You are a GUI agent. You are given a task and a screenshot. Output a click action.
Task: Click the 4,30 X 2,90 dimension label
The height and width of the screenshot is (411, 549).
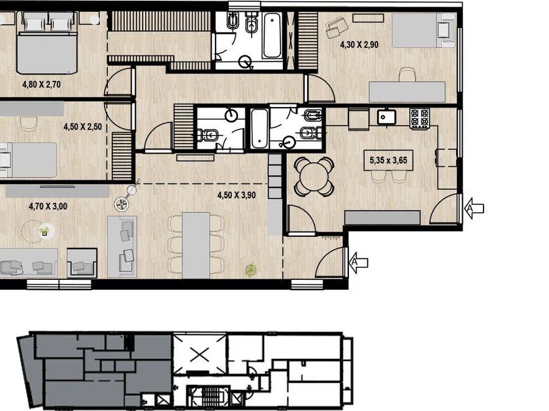359,45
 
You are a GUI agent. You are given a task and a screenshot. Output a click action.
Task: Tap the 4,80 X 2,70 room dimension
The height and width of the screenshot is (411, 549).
41,84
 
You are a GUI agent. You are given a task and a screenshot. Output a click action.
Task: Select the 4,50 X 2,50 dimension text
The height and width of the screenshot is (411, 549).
82,127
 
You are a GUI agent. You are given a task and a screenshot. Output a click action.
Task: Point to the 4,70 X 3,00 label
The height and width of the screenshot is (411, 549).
48,206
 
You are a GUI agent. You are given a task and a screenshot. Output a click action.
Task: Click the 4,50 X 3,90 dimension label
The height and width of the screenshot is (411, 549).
237,195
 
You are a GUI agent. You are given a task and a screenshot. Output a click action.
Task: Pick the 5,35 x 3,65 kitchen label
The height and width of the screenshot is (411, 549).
389,160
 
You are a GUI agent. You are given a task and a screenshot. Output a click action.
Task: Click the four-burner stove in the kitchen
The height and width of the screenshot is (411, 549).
420,118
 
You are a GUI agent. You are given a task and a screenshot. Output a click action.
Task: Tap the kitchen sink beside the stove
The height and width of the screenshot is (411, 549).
386,117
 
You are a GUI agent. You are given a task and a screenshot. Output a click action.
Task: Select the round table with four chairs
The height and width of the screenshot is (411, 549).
314,177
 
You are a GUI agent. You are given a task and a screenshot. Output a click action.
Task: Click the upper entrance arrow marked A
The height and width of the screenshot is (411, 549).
474,208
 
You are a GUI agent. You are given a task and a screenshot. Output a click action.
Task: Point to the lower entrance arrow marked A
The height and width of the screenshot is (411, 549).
358,262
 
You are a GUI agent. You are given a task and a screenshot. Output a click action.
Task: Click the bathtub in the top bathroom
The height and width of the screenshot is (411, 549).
272,36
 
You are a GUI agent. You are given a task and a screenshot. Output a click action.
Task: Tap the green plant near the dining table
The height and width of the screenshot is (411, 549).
251,270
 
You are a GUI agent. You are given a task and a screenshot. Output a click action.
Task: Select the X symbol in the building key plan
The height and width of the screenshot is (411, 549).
200,355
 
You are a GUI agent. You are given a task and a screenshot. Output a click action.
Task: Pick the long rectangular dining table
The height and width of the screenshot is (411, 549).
196,245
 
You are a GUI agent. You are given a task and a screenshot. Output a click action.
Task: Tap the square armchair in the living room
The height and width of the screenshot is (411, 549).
82,263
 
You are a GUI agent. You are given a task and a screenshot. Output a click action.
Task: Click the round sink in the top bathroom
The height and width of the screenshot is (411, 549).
244,62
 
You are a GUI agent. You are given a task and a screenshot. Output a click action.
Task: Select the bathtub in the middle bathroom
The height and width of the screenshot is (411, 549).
260,129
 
